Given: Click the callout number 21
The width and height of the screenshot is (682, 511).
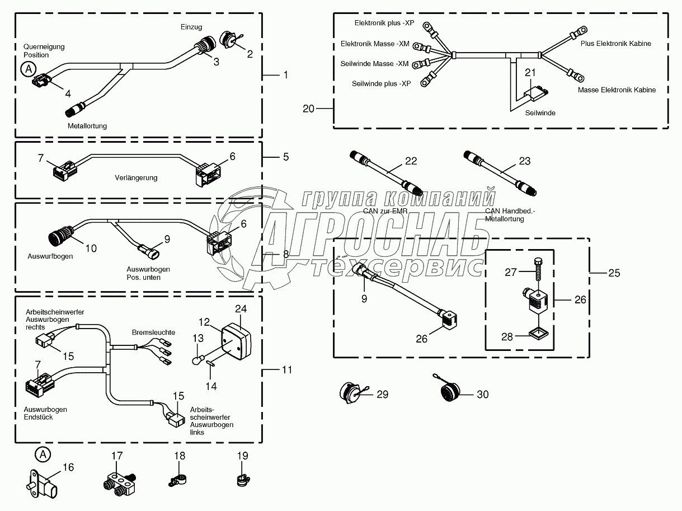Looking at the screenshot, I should coord(530,72).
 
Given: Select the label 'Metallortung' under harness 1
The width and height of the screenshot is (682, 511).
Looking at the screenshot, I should coord(87,126).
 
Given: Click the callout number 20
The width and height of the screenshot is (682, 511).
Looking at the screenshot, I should coord(309,109).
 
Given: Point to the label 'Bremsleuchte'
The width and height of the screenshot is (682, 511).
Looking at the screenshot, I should coord(153,332).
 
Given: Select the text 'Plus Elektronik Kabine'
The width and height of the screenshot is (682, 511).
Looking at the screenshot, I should coord(615,44).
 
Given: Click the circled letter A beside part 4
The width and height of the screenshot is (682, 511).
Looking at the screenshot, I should coord(26,69).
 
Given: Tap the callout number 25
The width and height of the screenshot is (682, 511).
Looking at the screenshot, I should coord(614,273).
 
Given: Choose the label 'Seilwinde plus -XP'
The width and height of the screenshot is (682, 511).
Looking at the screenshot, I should coord(381,83).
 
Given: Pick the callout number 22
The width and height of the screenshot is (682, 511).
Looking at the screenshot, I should coord(411,161).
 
